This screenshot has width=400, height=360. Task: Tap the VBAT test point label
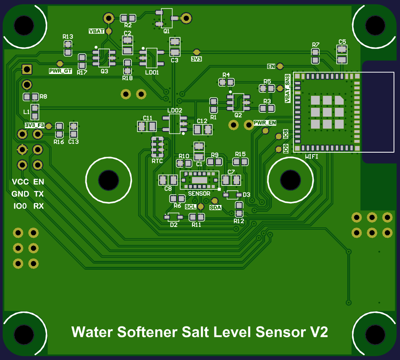tap(96, 31)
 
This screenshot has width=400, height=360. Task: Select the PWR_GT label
tap(60, 71)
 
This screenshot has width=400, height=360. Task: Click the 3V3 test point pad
tap(196, 52)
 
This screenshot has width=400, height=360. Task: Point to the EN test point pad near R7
tap(280, 66)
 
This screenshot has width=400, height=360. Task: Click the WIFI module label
tap(311, 157)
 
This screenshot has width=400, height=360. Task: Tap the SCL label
tap(191, 207)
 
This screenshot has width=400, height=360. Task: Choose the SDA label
tap(215, 208)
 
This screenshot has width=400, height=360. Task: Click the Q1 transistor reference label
tap(166, 31)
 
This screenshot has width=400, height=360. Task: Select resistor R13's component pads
tap(68, 48)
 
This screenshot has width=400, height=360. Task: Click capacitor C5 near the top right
tap(342, 54)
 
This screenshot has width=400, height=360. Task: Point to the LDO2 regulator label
tap(175, 110)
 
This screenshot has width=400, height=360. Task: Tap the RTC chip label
tap(157, 161)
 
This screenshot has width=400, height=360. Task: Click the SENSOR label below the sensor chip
tap(199, 194)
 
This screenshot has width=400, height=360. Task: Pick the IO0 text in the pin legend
tap(20, 206)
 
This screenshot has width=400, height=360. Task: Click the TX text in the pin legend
tap(39, 194)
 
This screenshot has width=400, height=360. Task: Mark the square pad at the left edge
tap(27, 69)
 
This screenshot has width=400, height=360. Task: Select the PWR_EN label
tap(265, 123)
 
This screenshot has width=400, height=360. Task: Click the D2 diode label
tap(173, 225)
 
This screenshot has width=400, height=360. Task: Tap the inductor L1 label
tap(27, 111)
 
